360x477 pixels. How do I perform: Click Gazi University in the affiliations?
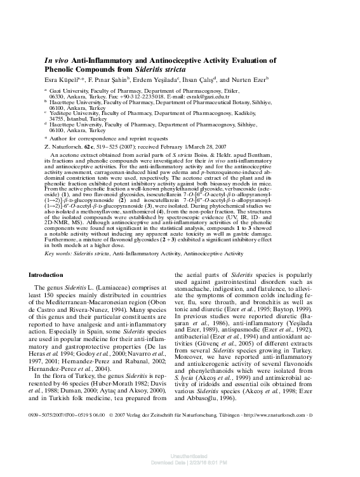[71, 91]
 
